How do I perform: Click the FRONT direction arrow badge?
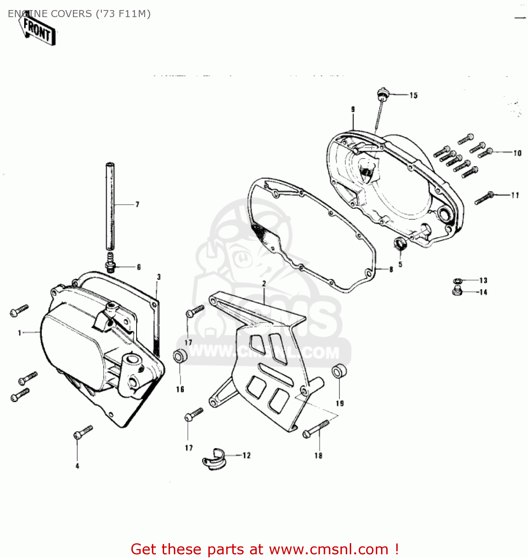[x=38, y=31]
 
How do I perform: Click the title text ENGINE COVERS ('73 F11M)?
[x=79, y=14]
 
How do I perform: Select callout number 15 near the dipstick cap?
[x=413, y=96]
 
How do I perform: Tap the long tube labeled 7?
[x=110, y=206]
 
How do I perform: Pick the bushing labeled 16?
[x=180, y=356]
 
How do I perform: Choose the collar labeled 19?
[x=339, y=371]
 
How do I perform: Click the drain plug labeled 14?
[x=457, y=291]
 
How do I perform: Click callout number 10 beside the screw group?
[x=517, y=153]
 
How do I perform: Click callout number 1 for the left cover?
[x=20, y=333]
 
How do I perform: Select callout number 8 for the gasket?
[x=391, y=269]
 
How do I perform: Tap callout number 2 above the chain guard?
[x=264, y=283]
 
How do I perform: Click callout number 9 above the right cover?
[x=353, y=109]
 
